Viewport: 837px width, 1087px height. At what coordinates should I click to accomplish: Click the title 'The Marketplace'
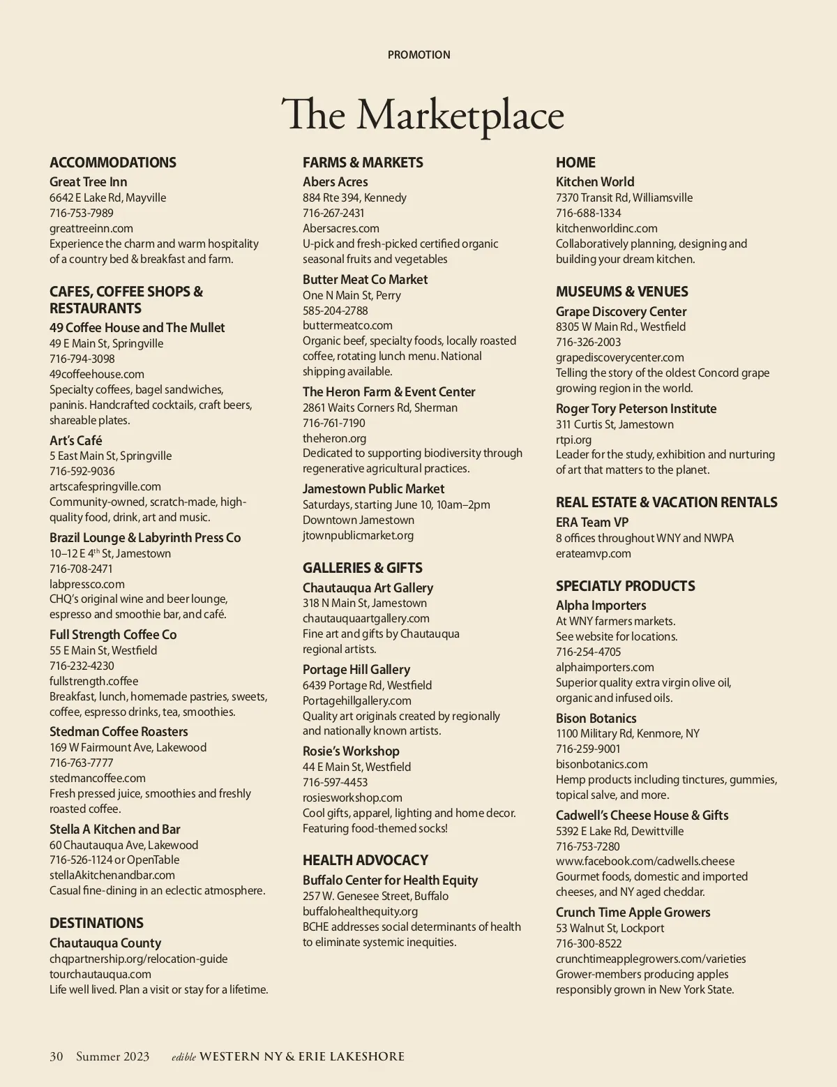pos(422,115)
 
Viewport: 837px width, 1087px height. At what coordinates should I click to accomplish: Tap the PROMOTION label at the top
pos(418,54)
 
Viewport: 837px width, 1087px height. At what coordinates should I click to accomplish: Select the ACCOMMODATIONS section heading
pos(113,163)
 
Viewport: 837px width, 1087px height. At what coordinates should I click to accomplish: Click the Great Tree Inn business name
pos(89,182)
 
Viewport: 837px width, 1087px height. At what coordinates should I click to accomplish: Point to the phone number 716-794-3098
pos(82,359)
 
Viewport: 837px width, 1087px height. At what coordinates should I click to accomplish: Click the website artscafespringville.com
pos(105,486)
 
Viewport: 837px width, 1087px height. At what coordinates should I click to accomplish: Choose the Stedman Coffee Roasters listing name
pos(119,732)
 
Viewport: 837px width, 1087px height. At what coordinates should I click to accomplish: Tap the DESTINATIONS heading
pos(96,923)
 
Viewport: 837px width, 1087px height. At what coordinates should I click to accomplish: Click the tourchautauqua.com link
pos(100,974)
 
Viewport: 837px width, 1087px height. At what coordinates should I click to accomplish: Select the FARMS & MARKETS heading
pos(363,163)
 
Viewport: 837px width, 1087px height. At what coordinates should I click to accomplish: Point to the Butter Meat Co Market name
pos(365,280)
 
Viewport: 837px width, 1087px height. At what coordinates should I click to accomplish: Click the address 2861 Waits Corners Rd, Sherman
pos(380,407)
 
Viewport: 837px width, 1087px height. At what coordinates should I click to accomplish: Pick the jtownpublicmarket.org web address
pos(358,535)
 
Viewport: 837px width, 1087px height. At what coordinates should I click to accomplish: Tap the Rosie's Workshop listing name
pos(351,751)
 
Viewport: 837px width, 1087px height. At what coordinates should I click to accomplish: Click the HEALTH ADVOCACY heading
pos(365,860)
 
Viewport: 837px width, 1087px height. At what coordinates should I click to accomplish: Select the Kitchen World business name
pos(595,182)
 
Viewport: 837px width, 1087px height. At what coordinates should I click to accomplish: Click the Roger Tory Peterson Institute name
pos(636,409)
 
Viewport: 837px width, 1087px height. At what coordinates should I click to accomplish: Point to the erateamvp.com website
pos(594,553)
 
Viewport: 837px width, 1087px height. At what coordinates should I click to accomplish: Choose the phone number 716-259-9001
pos(588,749)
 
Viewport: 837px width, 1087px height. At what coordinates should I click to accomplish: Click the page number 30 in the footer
pos(56,1056)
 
